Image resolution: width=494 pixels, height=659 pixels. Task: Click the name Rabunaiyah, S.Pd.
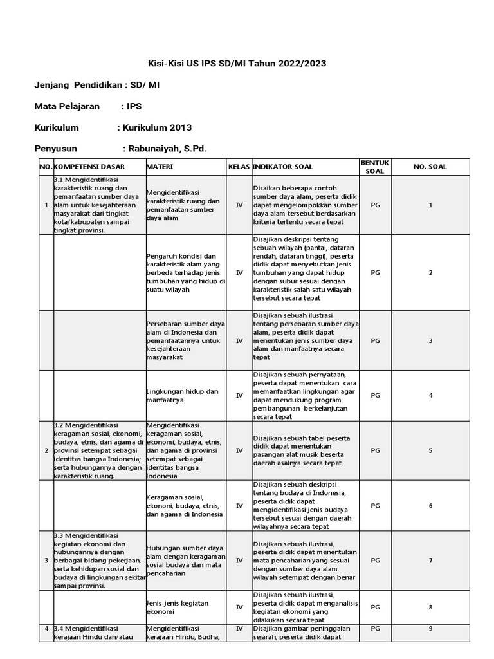point(167,149)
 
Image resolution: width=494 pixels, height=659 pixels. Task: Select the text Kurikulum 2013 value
point(160,127)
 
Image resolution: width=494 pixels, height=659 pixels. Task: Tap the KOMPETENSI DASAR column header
point(89,167)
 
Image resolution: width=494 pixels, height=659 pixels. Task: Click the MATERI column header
point(160,167)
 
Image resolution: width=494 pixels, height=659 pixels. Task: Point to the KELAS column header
point(239,167)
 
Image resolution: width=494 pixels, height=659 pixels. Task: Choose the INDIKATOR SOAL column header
point(284,167)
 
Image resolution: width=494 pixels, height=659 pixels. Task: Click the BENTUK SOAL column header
point(375,167)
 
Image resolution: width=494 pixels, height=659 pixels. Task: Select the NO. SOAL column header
point(430,167)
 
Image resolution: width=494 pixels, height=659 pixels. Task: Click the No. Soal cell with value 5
point(430,450)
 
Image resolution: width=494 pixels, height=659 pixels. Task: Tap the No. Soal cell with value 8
point(430,607)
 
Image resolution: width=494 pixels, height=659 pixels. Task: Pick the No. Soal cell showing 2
point(430,272)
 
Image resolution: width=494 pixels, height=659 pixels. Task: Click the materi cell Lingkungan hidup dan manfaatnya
point(183,395)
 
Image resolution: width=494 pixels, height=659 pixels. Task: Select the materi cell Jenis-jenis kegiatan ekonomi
point(178,607)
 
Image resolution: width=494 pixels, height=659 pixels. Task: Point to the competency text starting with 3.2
point(98,450)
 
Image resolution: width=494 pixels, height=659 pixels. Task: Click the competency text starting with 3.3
point(98,561)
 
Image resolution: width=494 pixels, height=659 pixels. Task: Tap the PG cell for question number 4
point(375,395)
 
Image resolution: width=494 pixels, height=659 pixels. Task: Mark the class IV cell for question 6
point(239,506)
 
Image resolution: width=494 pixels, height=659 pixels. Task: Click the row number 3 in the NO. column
point(46,561)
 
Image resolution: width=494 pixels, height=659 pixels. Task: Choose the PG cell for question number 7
point(375,561)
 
